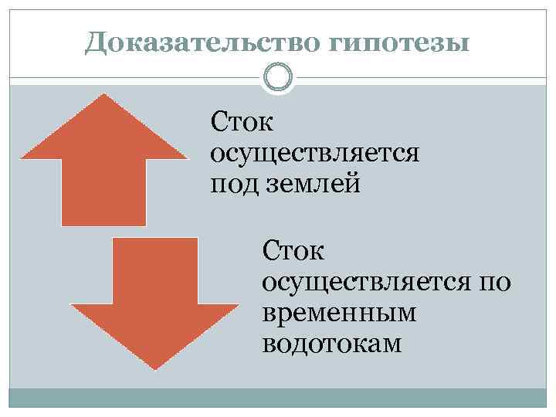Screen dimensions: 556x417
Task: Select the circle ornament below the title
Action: click(x=278, y=78)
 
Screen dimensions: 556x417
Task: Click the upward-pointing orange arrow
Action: click(x=104, y=154)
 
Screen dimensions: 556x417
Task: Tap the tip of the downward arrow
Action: click(x=155, y=368)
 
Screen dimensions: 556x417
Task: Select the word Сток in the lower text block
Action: click(x=293, y=250)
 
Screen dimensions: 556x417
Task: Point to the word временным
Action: click(x=339, y=313)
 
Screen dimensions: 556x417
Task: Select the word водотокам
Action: click(x=332, y=344)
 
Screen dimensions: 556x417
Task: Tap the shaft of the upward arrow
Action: click(x=104, y=193)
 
